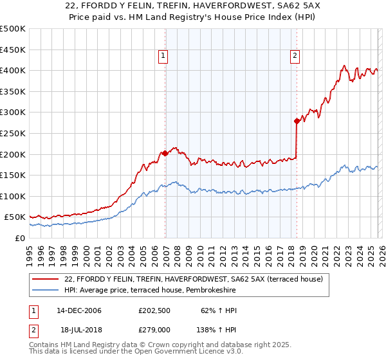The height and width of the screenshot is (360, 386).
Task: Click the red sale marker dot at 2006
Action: (165, 153)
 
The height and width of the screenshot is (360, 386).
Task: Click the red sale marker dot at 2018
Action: (297, 121)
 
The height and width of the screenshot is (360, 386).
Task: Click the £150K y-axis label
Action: (13, 175)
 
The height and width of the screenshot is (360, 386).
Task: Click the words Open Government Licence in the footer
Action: (183, 352)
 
